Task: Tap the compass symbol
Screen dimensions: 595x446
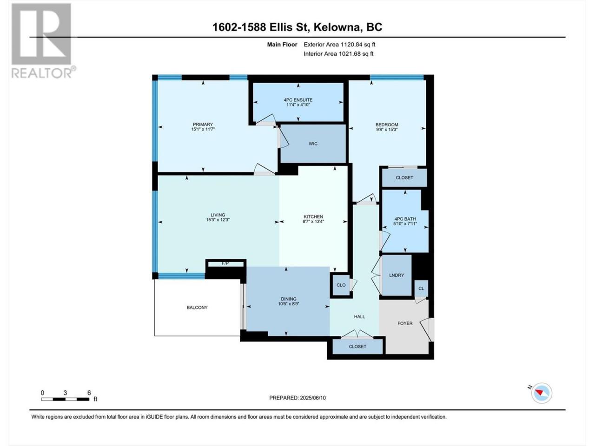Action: pos(542,393)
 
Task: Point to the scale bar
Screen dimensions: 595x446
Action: pos(65,399)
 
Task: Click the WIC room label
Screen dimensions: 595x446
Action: pos(313,144)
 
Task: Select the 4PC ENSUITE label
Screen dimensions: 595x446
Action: pos(298,100)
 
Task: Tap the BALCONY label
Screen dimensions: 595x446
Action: pos(197,308)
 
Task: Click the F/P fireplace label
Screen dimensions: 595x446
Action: pos(225,263)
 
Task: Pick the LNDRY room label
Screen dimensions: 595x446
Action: pos(397,275)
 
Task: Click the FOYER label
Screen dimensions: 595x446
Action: pos(405,323)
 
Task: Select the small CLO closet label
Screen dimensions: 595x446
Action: pos(341,285)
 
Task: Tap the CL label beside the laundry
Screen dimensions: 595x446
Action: pos(421,289)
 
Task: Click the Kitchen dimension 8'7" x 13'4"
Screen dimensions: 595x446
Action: pos(313,221)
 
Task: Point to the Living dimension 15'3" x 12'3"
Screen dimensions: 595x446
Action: pos(218,220)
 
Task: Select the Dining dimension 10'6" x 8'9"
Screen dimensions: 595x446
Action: pos(288,304)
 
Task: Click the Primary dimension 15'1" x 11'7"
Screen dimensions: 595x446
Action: pos(203,129)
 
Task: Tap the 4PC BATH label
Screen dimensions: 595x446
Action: pos(405,219)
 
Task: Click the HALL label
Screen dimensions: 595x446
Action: pos(359,316)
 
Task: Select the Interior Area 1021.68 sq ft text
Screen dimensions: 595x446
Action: pos(338,53)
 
